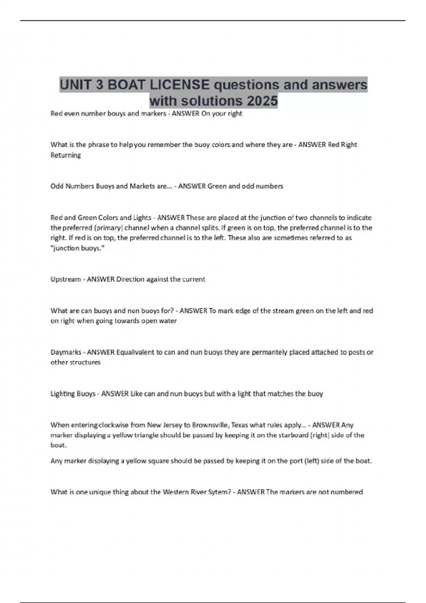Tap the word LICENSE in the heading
pos(180,85)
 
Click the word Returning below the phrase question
pos(66,155)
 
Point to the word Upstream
pos(66,279)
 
